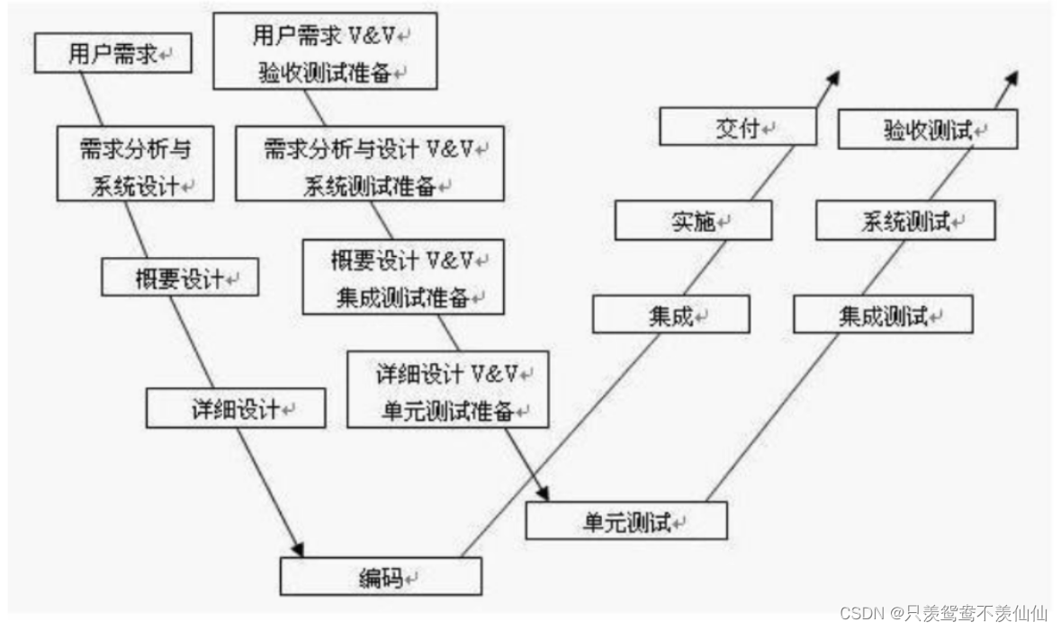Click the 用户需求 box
[113, 55]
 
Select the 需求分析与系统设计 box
[135, 163]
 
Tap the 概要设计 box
[180, 278]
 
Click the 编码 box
[381, 576]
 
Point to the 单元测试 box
[626, 520]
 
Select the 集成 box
[670, 315]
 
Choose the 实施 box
[693, 220]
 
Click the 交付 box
[738, 127]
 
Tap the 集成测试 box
[883, 315]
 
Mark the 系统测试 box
[905, 220]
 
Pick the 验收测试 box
[928, 129]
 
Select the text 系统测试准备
[370, 185]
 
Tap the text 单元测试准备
[448, 411]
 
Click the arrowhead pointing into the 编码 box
[298, 549]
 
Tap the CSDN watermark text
[943, 613]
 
